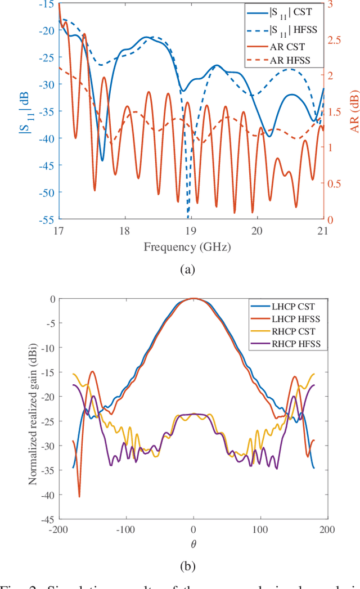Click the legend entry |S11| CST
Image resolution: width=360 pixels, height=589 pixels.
[x=281, y=11]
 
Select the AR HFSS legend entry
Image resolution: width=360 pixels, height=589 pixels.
[x=281, y=59]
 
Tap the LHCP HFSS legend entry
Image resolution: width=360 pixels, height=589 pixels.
[x=285, y=318]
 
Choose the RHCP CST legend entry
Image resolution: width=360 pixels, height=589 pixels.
[x=285, y=330]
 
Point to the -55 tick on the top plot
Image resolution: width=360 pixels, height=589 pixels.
[x=47, y=219]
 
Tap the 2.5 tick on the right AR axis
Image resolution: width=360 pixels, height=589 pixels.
[x=334, y=39]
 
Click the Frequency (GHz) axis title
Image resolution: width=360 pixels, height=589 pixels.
[x=187, y=246]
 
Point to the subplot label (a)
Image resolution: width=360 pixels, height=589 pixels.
[x=187, y=270]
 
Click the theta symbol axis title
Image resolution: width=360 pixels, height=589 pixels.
[x=193, y=545]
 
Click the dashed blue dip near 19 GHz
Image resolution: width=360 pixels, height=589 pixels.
[x=188, y=216]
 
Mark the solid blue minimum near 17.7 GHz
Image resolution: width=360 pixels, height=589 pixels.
[x=102, y=160]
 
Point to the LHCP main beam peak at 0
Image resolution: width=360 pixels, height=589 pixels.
[x=193, y=299]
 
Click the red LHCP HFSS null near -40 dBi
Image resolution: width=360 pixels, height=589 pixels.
[x=79, y=496]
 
